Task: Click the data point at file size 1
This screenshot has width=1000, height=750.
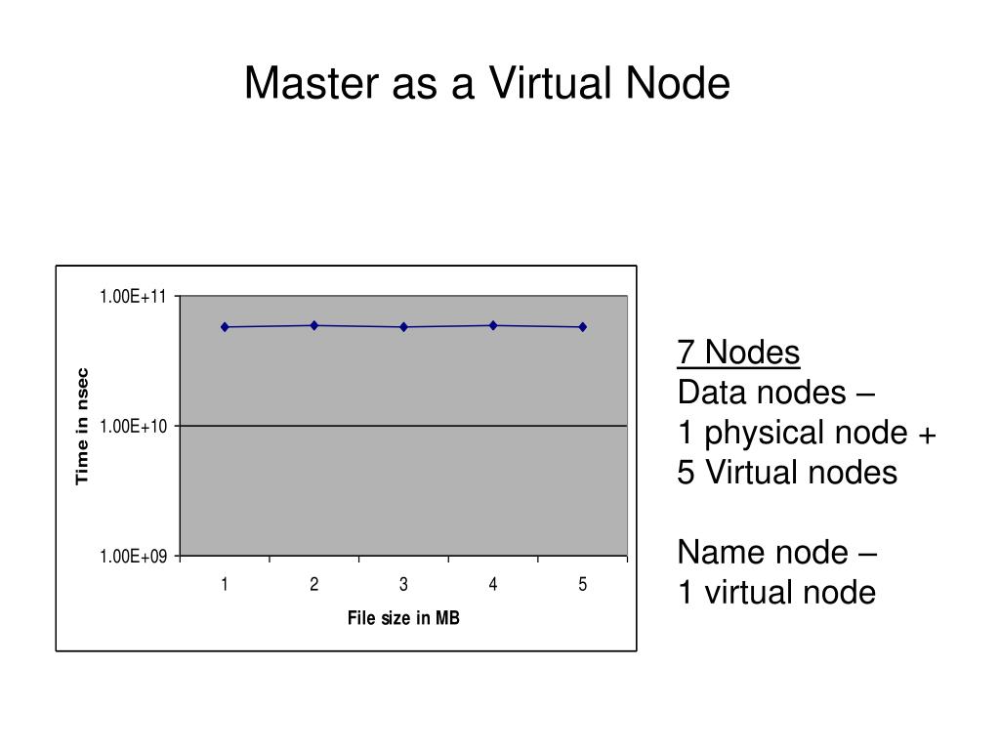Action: (x=225, y=327)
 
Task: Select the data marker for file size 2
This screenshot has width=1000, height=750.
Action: (x=314, y=325)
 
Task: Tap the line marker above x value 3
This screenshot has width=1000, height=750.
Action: (x=403, y=327)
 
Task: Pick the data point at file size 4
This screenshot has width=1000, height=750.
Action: (x=493, y=325)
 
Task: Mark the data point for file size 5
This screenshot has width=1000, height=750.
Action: (x=583, y=327)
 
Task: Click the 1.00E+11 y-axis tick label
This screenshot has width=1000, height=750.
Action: (x=133, y=297)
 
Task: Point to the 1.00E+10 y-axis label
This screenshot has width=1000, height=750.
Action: (x=133, y=427)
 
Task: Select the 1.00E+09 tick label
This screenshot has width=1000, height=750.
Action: (x=133, y=557)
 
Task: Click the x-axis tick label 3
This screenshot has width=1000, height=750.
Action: (x=403, y=585)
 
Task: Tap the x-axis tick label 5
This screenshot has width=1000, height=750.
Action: (x=583, y=585)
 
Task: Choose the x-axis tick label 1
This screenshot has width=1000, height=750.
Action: (x=225, y=585)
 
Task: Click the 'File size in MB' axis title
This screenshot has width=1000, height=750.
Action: (x=403, y=618)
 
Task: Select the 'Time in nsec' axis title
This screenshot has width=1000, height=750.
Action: (x=83, y=426)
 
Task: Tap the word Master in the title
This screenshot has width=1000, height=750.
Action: (x=312, y=84)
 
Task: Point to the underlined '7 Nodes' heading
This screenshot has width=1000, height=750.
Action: (x=738, y=353)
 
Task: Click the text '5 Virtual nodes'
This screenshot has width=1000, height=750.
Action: (x=787, y=473)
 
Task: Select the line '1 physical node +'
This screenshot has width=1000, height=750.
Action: (x=807, y=433)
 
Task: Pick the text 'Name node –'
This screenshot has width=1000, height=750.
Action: (x=777, y=553)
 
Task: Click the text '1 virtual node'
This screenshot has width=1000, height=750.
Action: (x=776, y=593)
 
